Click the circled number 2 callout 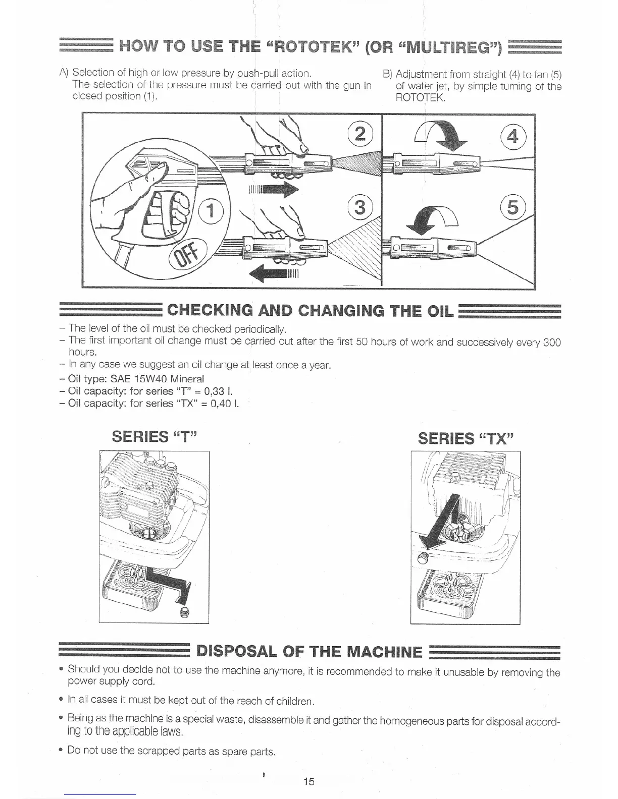(x=360, y=133)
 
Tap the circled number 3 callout (x=359, y=207)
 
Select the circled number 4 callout (x=513, y=136)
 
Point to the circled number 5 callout (x=512, y=207)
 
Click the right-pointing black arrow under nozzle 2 (x=273, y=190)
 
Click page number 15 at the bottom (x=309, y=781)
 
